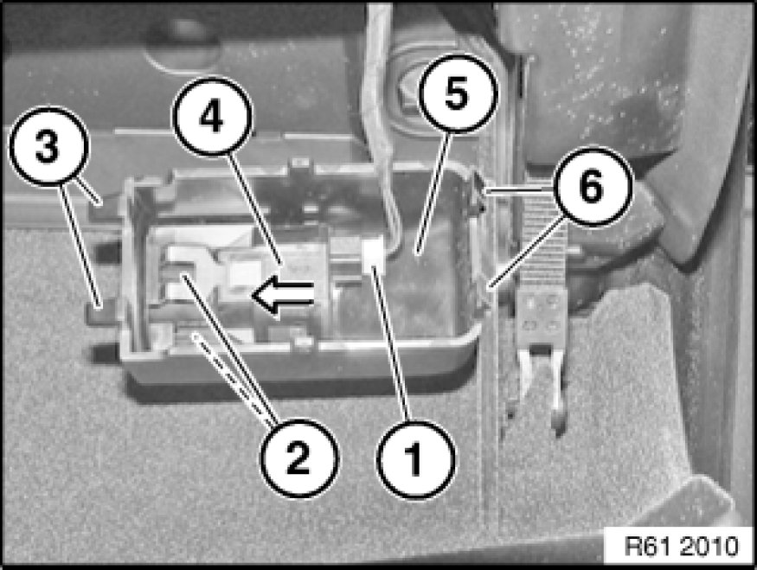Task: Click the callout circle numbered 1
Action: pos(415,460)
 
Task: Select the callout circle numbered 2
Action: pos(300,458)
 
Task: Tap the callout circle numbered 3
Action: pos(48,146)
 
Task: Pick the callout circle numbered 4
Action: pos(213,116)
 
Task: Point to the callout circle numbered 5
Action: pos(457,93)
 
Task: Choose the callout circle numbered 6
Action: pos(593,186)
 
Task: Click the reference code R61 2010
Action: pos(681,547)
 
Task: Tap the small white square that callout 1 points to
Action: pos(373,253)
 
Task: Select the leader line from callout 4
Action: pos(254,208)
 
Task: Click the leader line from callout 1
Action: pos(391,346)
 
